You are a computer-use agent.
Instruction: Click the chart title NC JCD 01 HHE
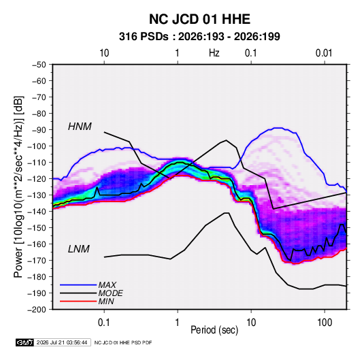click(199, 19)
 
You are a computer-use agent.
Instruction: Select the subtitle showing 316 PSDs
click(199, 37)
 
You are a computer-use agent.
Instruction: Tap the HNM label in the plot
click(80, 127)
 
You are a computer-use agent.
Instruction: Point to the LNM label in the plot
click(79, 249)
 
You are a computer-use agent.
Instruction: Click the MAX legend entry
click(107, 284)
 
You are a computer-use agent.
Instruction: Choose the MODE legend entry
click(110, 293)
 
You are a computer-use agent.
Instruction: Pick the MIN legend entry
click(106, 301)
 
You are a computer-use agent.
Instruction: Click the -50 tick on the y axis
click(39, 65)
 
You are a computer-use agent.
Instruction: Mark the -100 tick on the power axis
click(37, 146)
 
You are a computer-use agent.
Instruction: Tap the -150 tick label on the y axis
click(37, 227)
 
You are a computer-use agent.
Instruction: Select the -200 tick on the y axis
click(37, 310)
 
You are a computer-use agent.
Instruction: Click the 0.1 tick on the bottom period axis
click(104, 322)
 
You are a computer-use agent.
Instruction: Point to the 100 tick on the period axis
click(325, 322)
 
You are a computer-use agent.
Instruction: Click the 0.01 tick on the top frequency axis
click(324, 53)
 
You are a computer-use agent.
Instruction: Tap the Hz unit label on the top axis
click(214, 53)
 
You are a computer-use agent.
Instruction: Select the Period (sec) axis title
click(214, 330)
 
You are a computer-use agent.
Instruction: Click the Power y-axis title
click(18, 186)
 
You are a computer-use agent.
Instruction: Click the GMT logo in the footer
click(25, 342)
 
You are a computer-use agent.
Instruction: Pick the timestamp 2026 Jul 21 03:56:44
click(62, 342)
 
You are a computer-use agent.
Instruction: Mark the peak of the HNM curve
click(226, 140)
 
